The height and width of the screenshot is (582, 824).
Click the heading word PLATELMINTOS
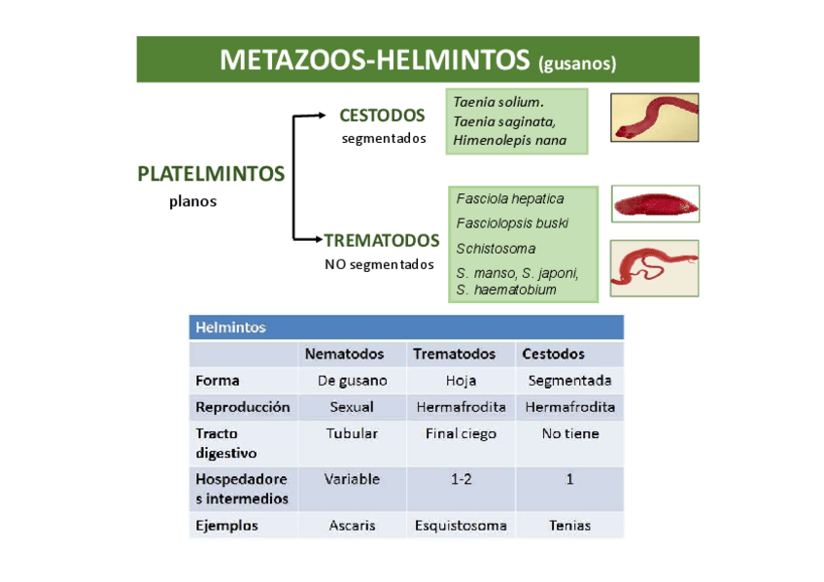211,174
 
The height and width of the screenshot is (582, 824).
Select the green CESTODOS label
382,116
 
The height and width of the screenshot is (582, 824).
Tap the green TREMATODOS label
382,240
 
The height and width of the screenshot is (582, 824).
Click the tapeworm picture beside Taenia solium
654,117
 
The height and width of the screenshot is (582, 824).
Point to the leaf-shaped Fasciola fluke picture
654,204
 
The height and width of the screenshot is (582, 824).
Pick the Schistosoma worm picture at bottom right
654,267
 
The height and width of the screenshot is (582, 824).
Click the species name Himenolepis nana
509,140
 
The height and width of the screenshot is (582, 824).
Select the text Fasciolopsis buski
512,223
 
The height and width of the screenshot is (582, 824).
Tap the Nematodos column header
345,354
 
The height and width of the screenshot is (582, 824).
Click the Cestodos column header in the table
553,354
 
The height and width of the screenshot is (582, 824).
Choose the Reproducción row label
242,407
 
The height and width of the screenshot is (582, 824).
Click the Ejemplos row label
226,526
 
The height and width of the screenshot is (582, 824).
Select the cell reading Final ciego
461,434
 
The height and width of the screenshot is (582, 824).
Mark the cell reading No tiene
570,434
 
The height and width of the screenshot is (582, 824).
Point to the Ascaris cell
352,526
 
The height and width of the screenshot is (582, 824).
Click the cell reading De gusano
352,381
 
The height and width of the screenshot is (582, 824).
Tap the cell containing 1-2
461,479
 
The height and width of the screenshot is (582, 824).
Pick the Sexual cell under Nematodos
352,407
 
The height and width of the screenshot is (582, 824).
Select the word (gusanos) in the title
577,64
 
